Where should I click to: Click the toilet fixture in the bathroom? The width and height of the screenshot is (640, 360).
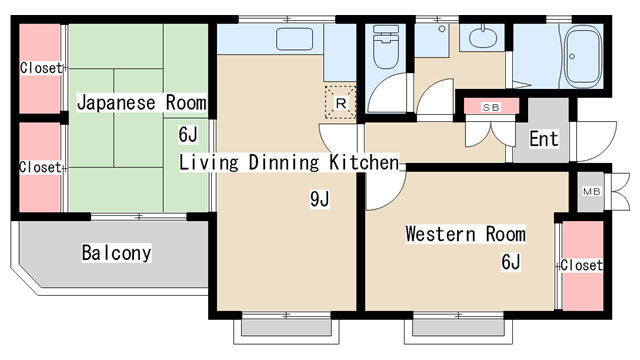[x=386, y=47]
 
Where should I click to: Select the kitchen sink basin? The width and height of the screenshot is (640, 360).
[x=294, y=39]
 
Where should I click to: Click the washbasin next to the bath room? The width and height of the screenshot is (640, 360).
[x=482, y=38]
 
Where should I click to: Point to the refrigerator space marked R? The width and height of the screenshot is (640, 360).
[x=340, y=102]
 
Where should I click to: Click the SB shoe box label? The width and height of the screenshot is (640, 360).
[x=491, y=107]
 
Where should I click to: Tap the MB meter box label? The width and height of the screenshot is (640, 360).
[x=591, y=191]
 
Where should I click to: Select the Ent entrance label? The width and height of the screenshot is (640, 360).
[x=544, y=139]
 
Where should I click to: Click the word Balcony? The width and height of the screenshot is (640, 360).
[x=116, y=253]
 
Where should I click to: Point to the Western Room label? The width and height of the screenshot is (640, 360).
[x=465, y=234]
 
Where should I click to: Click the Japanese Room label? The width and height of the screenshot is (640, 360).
[x=142, y=102]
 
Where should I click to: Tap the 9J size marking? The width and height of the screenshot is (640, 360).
[x=320, y=199]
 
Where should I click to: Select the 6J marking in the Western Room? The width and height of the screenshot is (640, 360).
[x=511, y=262]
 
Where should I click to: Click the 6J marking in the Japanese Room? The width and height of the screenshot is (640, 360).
[x=188, y=134]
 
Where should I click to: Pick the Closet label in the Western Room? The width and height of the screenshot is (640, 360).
[x=581, y=265]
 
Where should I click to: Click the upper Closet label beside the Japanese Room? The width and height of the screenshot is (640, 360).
[x=41, y=68]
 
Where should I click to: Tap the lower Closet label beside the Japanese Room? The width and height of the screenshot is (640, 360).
[x=40, y=167]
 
